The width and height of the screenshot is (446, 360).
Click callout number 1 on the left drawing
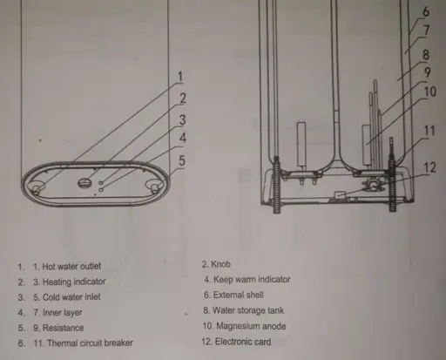pos(180,77)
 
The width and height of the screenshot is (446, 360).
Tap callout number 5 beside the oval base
pos(182,160)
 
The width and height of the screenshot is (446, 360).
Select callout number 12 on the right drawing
pos(429,167)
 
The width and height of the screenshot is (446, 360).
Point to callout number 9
pos(427,72)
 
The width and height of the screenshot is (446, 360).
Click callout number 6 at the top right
pos(426,11)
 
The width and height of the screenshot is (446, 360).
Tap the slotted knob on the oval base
pos(84,183)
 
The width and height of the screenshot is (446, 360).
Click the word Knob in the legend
pos(220,264)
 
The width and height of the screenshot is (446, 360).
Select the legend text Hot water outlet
pos(71,267)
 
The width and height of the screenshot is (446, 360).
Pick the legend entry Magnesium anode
pos(251,326)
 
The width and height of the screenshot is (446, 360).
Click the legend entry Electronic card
pos(243,342)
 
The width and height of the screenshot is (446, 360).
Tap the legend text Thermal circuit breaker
pos(90,343)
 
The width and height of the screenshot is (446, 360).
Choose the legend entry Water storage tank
pos(248,310)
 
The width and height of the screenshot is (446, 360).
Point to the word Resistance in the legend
pos(63,328)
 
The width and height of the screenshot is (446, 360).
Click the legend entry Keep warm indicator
pos(252,279)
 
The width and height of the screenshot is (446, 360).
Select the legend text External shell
pos(239,295)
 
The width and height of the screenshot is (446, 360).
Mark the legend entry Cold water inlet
pos(71,297)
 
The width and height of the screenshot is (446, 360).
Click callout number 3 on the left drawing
pos(182,119)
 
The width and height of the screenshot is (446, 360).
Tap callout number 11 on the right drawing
pos(429,131)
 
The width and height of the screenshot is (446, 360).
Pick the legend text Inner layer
pos(63,313)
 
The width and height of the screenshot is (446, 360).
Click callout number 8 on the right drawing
pos(426,55)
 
